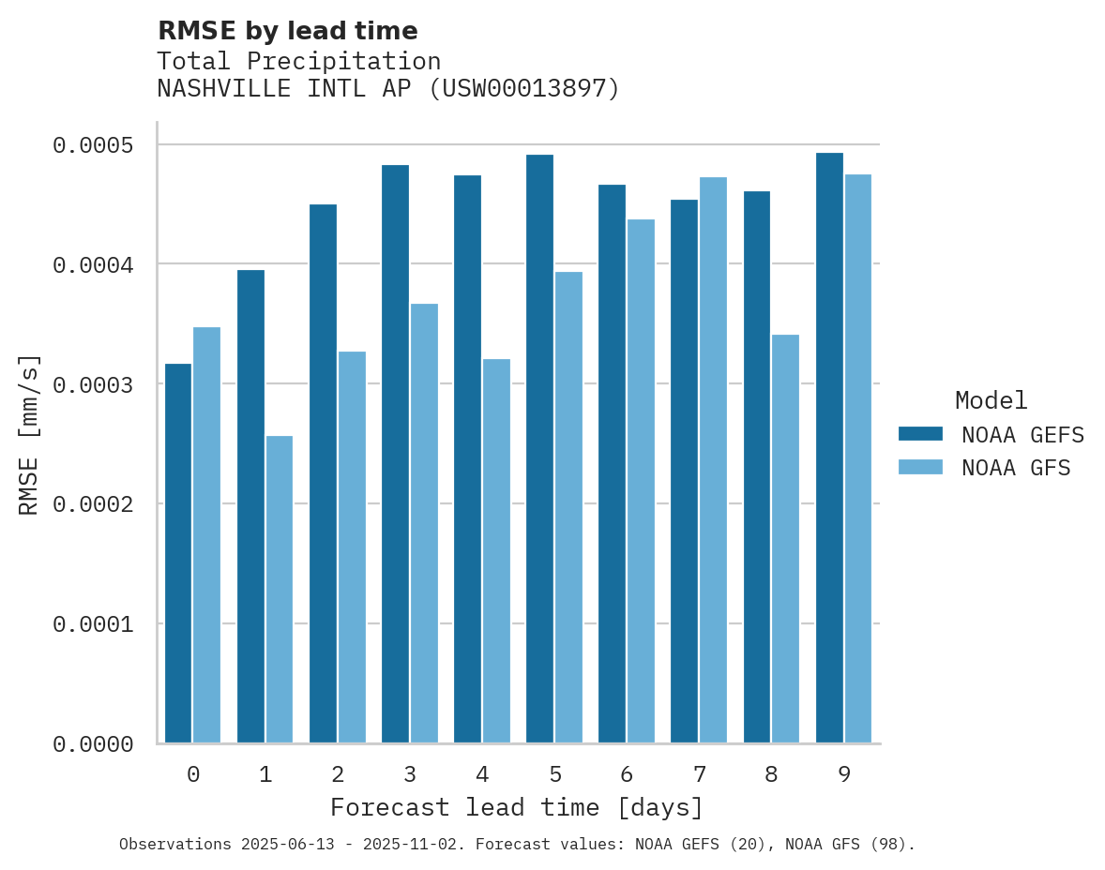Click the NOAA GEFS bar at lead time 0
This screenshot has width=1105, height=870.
[178, 553]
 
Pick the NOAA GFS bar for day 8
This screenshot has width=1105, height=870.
[785, 538]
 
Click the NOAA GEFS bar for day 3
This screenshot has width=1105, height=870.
[395, 454]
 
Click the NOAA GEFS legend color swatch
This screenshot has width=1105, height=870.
[920, 434]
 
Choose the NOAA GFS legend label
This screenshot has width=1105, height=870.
[1016, 468]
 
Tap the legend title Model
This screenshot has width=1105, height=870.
[991, 401]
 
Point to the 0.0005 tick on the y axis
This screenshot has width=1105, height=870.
[93, 145]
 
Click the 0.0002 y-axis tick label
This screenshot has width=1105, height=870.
[93, 504]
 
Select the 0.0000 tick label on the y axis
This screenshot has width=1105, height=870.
[93, 744]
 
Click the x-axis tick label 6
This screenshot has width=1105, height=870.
[627, 775]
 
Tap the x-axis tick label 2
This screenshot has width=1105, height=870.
[338, 775]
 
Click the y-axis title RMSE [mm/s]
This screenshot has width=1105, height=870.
[29, 434]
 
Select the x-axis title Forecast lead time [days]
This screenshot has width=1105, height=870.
[517, 807]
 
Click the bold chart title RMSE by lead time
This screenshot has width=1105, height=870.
[287, 31]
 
